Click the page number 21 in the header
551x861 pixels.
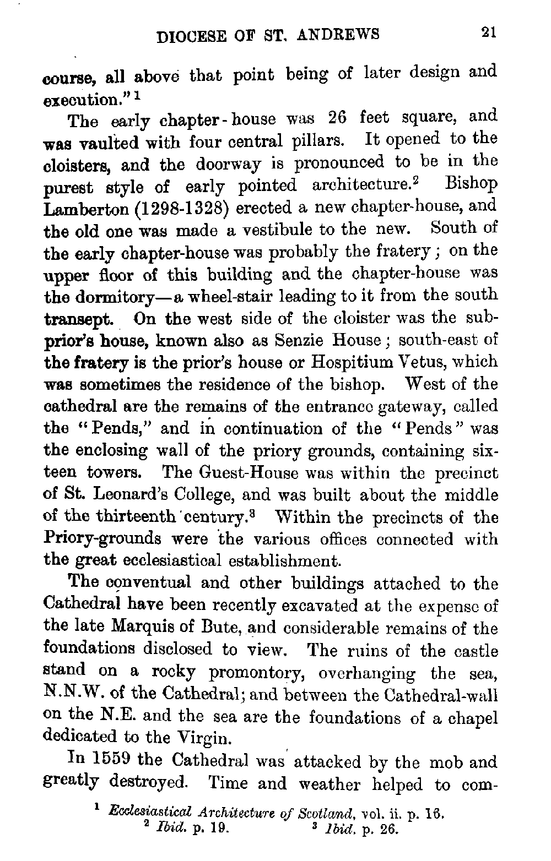tap(488, 32)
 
